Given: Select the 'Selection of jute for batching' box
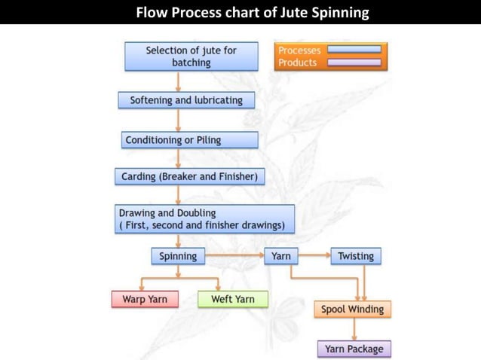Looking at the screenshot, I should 191,56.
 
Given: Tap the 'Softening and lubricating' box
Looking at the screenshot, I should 186,100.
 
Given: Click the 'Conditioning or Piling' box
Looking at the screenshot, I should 190,140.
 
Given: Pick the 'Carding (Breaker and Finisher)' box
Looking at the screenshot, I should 190,178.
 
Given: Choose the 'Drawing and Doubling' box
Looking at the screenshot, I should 204,218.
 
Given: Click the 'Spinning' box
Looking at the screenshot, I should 178,256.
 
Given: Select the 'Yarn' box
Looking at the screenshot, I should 280,256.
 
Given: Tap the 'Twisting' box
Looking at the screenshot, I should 356,256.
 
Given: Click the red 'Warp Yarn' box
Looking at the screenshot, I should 145,299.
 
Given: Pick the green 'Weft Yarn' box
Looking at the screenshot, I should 232,299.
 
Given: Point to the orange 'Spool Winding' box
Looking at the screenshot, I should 352,309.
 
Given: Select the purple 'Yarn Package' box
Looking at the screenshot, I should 354,349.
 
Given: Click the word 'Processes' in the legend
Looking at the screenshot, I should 299,50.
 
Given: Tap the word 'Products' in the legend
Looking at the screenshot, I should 297,63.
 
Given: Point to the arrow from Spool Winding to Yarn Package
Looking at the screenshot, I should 354,329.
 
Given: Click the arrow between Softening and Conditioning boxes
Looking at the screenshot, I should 179,121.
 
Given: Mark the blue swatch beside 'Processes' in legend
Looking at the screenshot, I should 354,50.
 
